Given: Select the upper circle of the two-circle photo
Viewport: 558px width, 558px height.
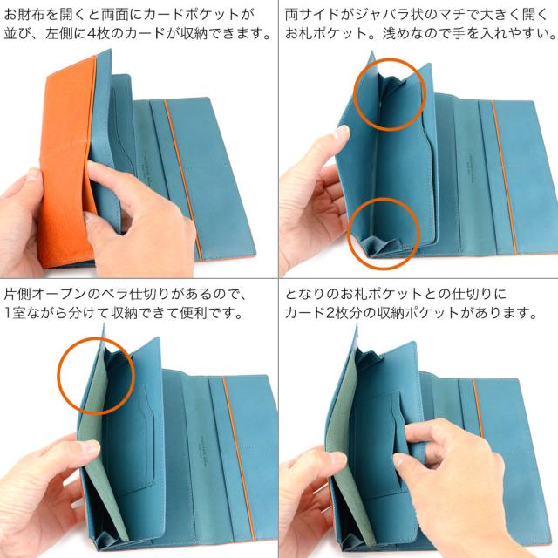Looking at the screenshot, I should click(389, 93).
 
